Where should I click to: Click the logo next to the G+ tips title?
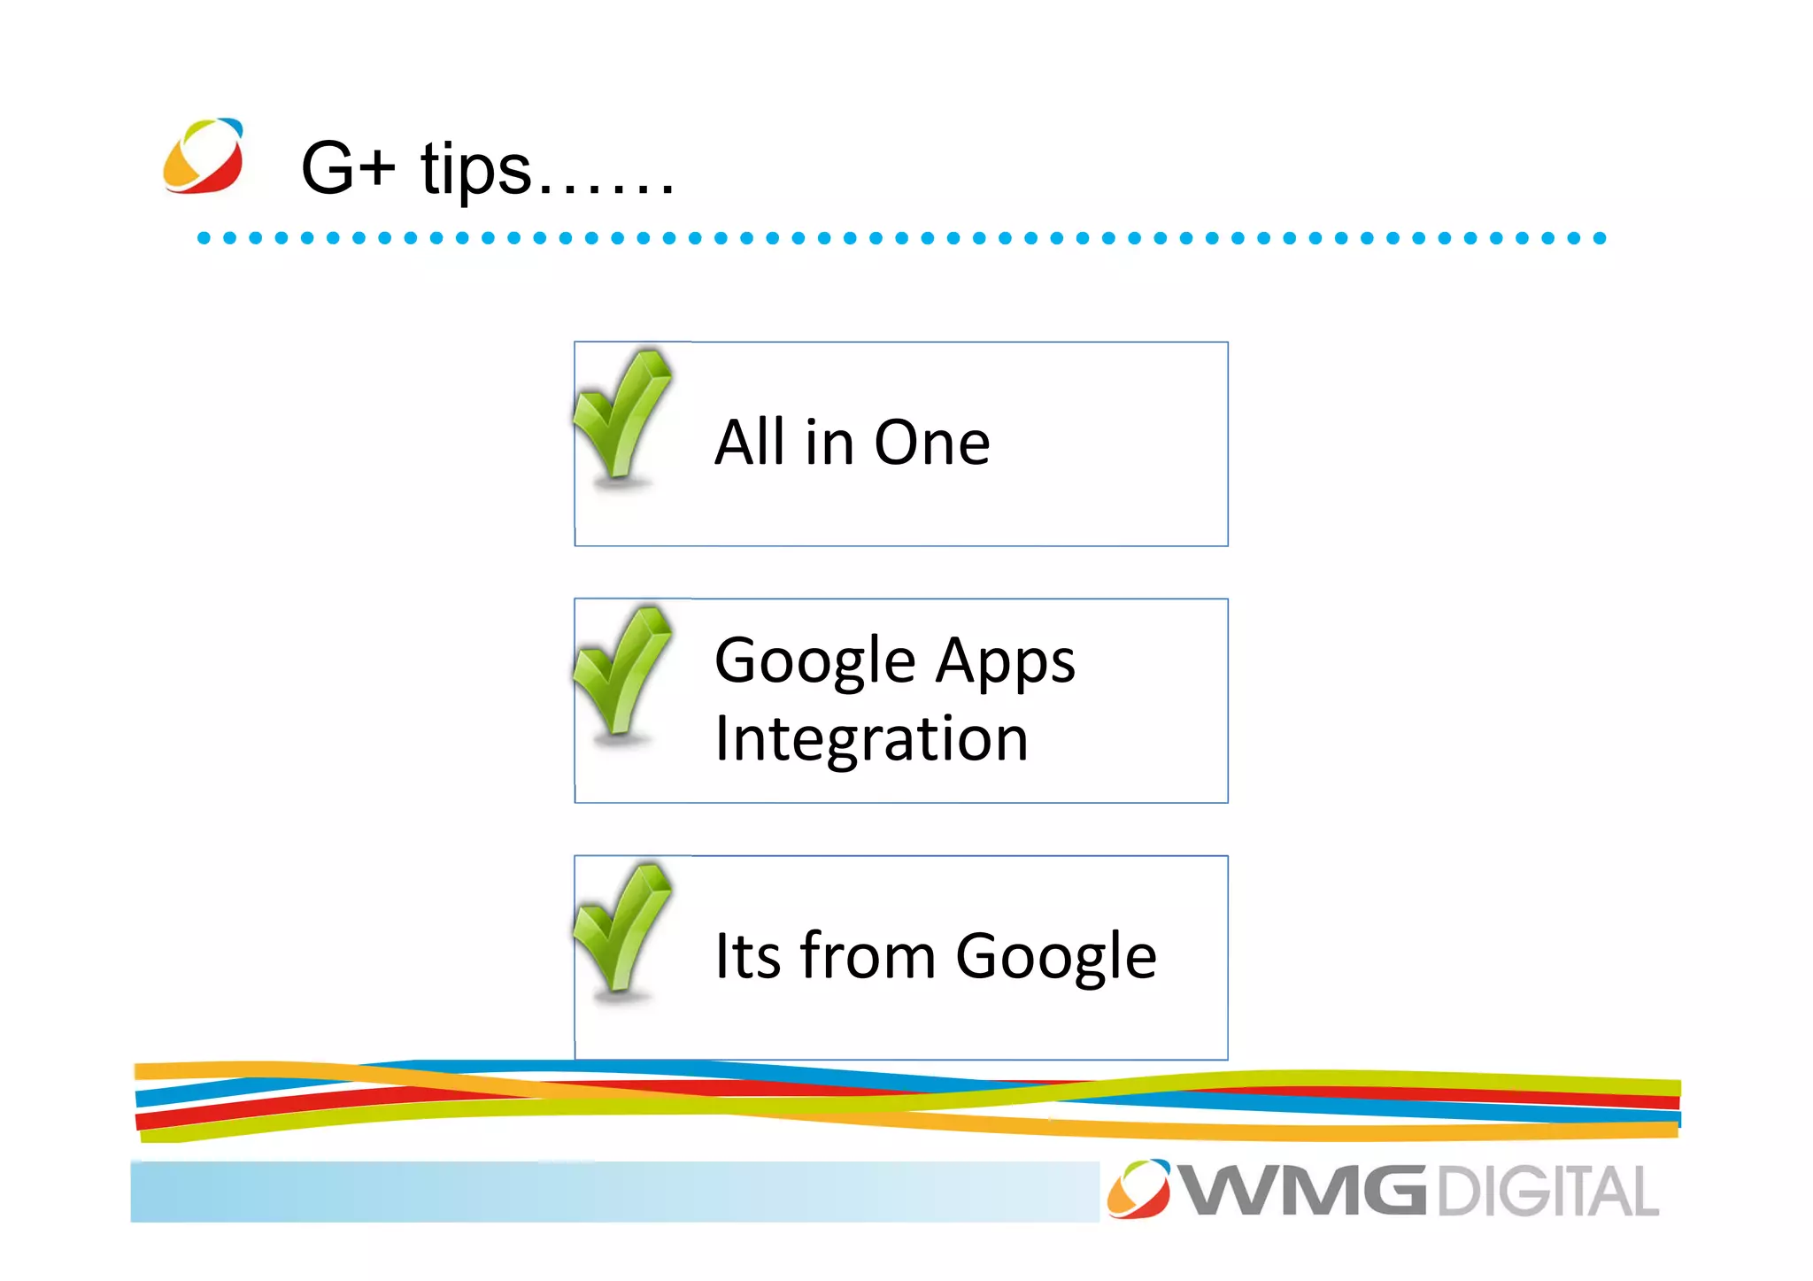point(203,156)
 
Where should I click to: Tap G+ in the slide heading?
point(347,167)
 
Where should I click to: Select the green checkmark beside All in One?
point(621,414)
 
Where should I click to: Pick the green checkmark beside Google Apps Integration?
point(621,671)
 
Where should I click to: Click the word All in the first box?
point(749,442)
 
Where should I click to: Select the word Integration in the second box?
point(871,739)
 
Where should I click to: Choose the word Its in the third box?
point(747,956)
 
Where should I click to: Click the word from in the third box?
point(868,956)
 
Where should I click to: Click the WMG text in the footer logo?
point(1304,1192)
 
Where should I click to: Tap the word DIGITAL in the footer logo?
point(1547,1192)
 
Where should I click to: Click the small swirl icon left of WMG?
point(1138,1188)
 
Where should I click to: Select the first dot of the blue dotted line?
point(204,238)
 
